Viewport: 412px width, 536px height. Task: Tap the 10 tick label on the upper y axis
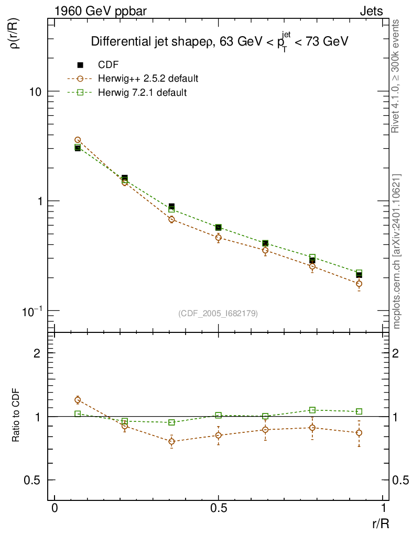pos(35,92)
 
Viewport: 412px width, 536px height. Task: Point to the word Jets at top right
pos(371,11)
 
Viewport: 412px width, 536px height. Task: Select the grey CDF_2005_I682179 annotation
pos(218,313)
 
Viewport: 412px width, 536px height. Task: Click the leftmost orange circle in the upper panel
pos(78,140)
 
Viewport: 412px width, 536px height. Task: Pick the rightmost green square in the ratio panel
pos(359,411)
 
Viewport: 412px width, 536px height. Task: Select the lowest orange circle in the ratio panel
pos(171,441)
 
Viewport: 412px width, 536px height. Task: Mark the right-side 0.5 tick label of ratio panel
pos(399,480)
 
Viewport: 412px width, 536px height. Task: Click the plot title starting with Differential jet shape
pos(220,42)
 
